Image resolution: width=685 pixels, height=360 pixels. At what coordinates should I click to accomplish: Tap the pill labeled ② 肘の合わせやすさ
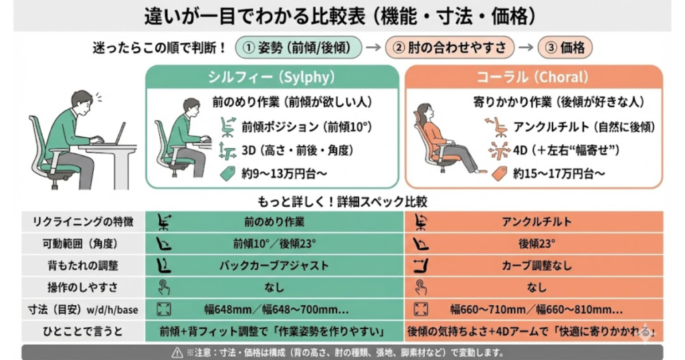click(454, 48)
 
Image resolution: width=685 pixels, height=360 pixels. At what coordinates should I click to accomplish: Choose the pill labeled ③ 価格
click(565, 48)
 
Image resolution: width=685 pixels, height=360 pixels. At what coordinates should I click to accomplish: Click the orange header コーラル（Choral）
click(532, 77)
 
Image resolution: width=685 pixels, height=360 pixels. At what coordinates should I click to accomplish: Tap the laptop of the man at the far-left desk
click(119, 134)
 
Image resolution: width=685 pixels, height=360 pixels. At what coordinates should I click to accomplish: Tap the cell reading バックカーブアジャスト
click(274, 266)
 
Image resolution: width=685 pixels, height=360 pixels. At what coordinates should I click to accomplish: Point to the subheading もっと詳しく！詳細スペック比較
click(342, 201)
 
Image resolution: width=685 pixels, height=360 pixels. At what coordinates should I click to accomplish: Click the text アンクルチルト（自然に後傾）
click(583, 126)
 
